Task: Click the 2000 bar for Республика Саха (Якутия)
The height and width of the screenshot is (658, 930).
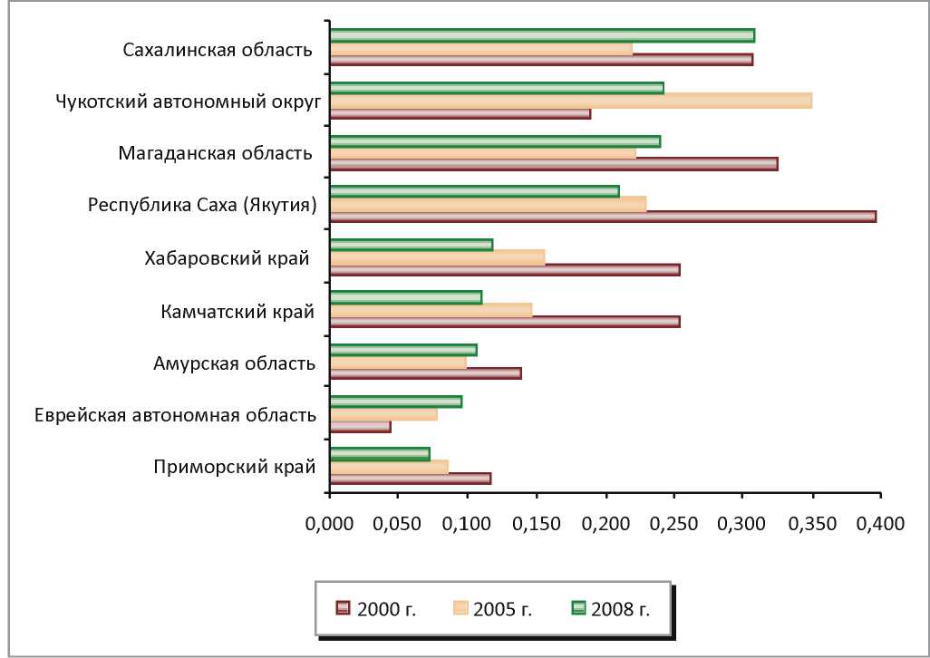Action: click(603, 217)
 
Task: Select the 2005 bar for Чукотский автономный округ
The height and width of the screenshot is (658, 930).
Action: click(571, 100)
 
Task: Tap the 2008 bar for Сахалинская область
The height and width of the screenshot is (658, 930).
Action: click(542, 35)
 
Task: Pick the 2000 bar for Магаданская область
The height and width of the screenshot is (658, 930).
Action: click(554, 164)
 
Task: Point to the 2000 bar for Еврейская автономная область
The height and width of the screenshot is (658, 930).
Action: click(361, 427)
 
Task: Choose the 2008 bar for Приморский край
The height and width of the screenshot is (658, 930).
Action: click(380, 453)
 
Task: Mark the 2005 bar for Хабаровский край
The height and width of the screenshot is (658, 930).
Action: click(438, 257)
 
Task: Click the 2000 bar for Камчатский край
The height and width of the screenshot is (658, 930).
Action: click(505, 322)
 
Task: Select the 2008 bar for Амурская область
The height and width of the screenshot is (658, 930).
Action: click(403, 350)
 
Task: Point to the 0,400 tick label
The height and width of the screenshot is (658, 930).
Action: click(880, 523)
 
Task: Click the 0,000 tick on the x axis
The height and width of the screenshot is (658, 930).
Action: click(330, 523)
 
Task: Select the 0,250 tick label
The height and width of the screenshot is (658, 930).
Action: click(673, 523)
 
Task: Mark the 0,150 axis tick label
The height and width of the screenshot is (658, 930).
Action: click(537, 523)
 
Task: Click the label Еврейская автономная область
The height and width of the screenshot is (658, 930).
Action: click(175, 416)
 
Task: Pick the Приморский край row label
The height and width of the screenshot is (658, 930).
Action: click(235, 468)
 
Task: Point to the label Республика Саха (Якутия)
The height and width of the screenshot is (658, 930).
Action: click(202, 205)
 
